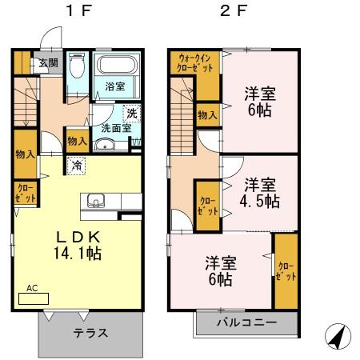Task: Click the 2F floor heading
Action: pyautogui.click(x=230, y=14)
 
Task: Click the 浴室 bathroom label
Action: pyautogui.click(x=115, y=87)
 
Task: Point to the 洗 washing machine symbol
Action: pyautogui.click(x=131, y=112)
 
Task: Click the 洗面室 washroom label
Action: pyautogui.click(x=116, y=128)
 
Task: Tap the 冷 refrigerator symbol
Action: pyautogui.click(x=77, y=166)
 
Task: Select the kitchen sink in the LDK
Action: pyautogui.click(x=97, y=199)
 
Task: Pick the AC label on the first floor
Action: pyautogui.click(x=32, y=288)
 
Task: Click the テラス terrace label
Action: pyautogui.click(x=90, y=334)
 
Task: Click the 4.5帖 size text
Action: pyautogui.click(x=260, y=200)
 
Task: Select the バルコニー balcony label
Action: pyautogui.click(x=247, y=323)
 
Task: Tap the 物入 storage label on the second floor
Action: pyautogui.click(x=207, y=114)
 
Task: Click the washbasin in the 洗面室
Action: pyautogui.click(x=104, y=145)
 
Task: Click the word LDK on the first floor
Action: pyautogui.click(x=78, y=236)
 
